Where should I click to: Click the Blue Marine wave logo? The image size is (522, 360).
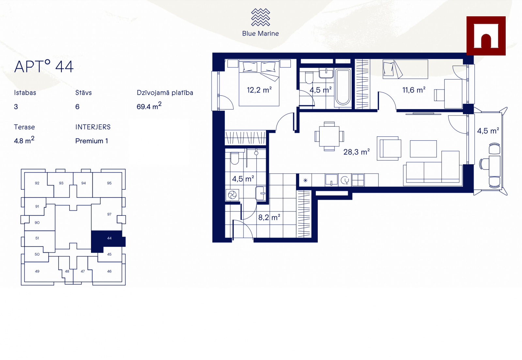pyautogui.click(x=260, y=17)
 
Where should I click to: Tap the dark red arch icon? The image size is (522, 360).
pyautogui.click(x=486, y=36)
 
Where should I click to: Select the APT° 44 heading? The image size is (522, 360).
pyautogui.click(x=44, y=67)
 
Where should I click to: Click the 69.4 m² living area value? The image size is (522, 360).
pyautogui.click(x=149, y=106)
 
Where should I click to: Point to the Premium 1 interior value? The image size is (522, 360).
pyautogui.click(x=92, y=141)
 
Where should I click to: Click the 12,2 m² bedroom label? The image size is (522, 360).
pyautogui.click(x=259, y=90)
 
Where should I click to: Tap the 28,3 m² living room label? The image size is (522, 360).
pyautogui.click(x=356, y=152)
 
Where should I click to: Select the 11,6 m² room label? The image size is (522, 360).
pyautogui.click(x=414, y=90)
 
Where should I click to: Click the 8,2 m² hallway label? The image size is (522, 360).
pyautogui.click(x=269, y=217)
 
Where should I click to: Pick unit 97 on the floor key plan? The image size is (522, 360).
pyautogui.click(x=109, y=214)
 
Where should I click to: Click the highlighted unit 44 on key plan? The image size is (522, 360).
pyautogui.click(x=109, y=238)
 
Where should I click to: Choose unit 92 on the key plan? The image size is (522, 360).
pyautogui.click(x=37, y=183)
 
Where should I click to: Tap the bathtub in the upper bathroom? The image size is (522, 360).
pyautogui.click(x=343, y=87)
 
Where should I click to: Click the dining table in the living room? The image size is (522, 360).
pyautogui.click(x=329, y=136)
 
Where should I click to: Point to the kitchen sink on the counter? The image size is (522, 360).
pyautogui.click(x=331, y=180)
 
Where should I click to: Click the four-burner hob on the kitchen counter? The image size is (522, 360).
pyautogui.click(x=358, y=180)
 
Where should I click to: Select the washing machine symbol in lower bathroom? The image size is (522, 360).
pyautogui.click(x=232, y=195)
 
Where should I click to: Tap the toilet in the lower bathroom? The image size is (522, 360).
pyautogui.click(x=235, y=158)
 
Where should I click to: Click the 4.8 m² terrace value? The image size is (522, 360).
pyautogui.click(x=24, y=140)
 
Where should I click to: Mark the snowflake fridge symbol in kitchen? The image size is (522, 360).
pyautogui.click(x=305, y=180)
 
